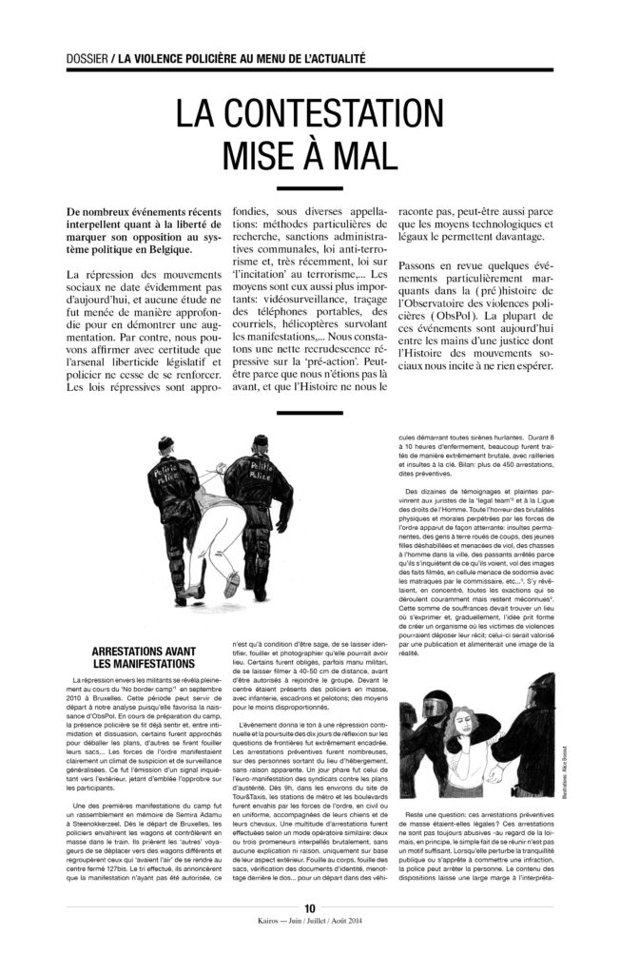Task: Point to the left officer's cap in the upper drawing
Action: (164, 441)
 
